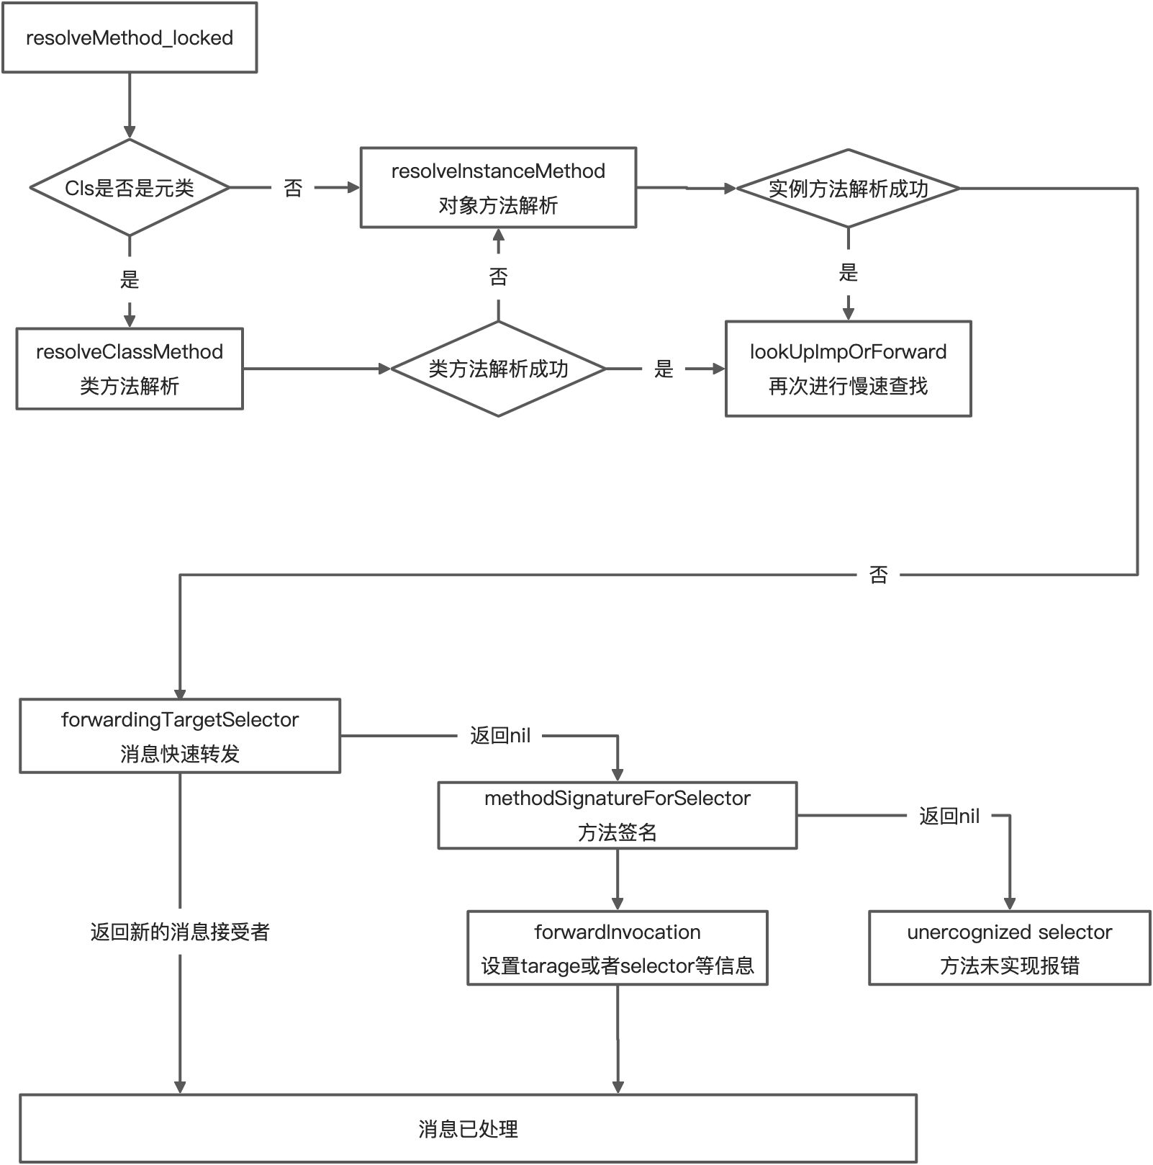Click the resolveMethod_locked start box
coord(130,37)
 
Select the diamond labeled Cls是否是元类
coord(130,188)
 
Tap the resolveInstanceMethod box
coord(498,188)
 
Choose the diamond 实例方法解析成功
coord(848,189)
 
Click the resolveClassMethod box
coord(130,369)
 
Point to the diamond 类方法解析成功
coord(498,369)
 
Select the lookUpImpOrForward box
coord(848,369)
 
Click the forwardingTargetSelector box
coord(180,736)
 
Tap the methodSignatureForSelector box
coord(617,815)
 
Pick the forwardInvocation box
coord(617,948)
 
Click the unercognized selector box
coord(1009,948)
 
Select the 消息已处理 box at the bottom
coord(468,1128)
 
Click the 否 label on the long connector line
coord(878,575)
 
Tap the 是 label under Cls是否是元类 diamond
coord(130,279)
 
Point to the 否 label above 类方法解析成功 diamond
coord(498,276)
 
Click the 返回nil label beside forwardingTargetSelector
coord(500,736)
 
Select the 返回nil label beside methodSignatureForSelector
coord(949,816)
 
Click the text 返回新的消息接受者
coord(180,932)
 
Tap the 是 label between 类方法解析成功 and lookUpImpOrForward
coord(664,369)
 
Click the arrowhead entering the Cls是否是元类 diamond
coord(130,132)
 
